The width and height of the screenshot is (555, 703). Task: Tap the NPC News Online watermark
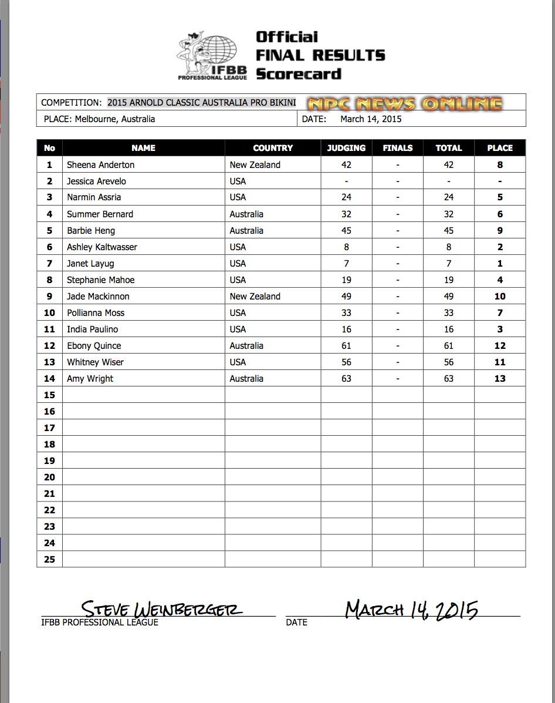[x=405, y=104]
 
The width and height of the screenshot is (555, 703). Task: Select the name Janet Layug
[x=90, y=264]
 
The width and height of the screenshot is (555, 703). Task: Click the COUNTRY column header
[x=273, y=148]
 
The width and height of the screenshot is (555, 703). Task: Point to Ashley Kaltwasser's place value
[x=500, y=247]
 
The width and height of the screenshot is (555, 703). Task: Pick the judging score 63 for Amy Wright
[x=346, y=379]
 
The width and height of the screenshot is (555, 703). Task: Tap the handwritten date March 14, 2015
[x=411, y=610]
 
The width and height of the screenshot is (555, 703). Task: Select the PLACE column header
[x=500, y=148]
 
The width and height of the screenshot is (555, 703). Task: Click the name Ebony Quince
[x=94, y=346]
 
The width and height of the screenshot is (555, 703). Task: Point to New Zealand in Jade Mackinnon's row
[x=255, y=297]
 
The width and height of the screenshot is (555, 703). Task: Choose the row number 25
[x=49, y=559]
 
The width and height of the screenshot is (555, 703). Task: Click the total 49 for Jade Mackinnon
[x=449, y=297]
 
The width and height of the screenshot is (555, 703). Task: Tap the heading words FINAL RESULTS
[x=320, y=56]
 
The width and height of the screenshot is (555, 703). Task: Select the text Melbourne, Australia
[x=115, y=119]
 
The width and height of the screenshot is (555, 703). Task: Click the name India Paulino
[x=92, y=329]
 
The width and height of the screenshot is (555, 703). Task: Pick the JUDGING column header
[x=346, y=148]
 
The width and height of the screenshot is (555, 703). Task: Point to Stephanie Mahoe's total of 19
[x=449, y=280]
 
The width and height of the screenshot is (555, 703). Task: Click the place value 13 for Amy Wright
[x=500, y=379]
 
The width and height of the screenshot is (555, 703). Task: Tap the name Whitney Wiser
[x=95, y=362]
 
